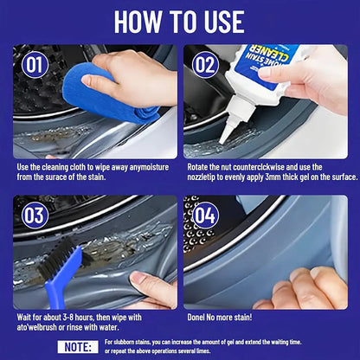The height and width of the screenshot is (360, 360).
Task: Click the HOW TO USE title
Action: pyautogui.click(x=180, y=22)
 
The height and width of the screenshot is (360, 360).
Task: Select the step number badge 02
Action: pyautogui.click(x=206, y=65)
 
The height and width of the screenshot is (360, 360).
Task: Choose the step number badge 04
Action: pyautogui.click(x=206, y=216)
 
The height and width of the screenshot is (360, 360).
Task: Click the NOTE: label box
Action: pyautogui.click(x=79, y=346)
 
